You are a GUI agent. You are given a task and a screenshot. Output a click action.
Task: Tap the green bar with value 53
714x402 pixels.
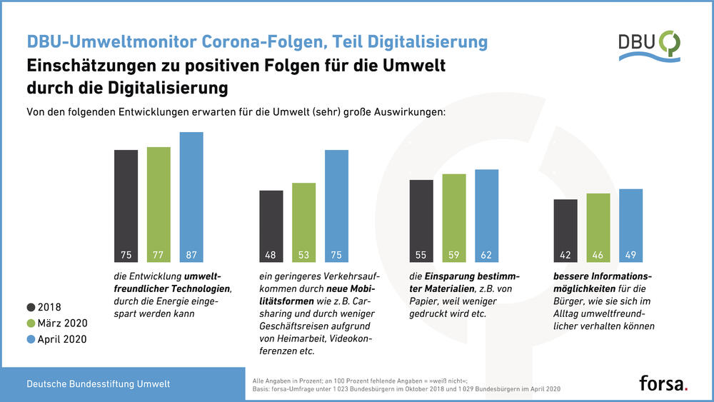(x=303, y=221)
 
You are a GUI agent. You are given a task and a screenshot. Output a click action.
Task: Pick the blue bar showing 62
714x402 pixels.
(x=486, y=214)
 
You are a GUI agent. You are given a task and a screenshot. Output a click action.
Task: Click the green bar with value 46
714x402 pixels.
(x=598, y=227)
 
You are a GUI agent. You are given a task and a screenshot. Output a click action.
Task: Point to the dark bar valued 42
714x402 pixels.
(x=565, y=230)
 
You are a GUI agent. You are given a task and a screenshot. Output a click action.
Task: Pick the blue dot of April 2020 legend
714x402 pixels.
(x=31, y=340)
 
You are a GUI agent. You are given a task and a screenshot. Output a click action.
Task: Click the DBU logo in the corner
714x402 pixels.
(x=648, y=45)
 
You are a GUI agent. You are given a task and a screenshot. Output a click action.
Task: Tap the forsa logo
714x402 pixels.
(x=663, y=383)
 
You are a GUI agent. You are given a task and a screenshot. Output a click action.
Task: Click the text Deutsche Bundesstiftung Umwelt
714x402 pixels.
(x=99, y=384)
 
